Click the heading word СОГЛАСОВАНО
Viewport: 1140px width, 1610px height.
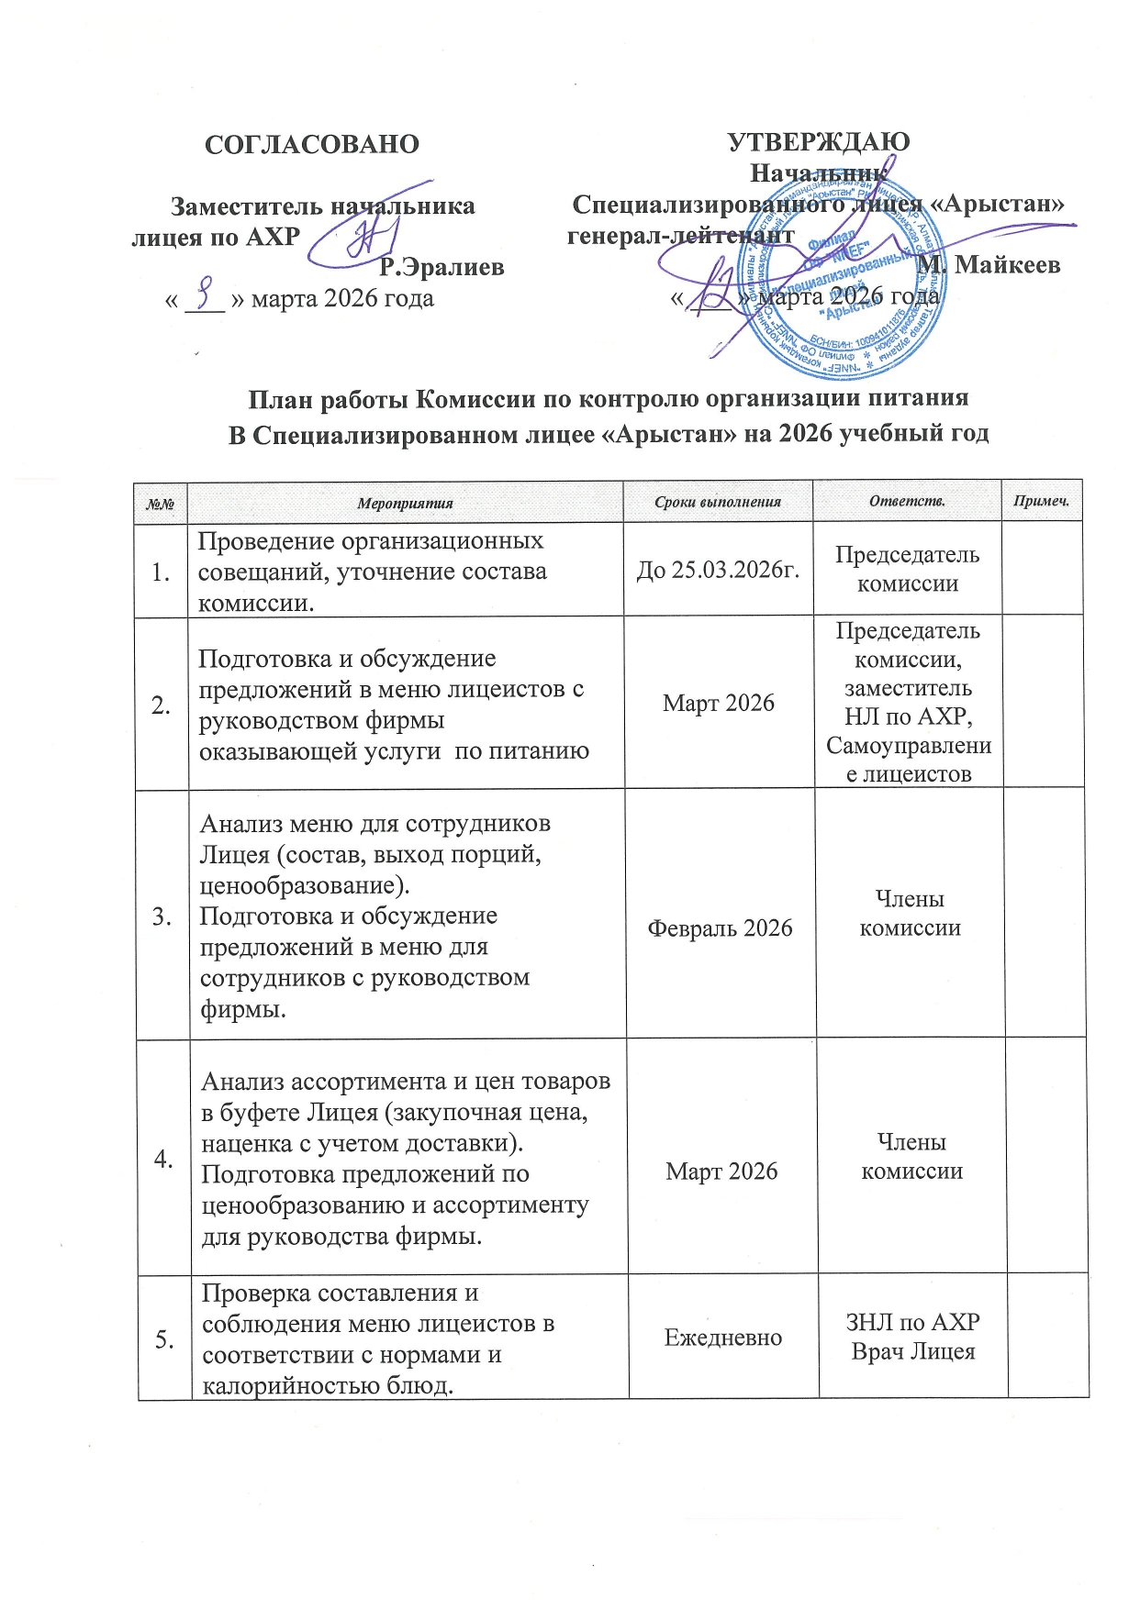(x=311, y=145)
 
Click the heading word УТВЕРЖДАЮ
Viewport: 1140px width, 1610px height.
(x=818, y=142)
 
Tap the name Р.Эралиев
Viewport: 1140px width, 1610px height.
(x=441, y=267)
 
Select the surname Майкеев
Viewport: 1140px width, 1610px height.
(x=1007, y=265)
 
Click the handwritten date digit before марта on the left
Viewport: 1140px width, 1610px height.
(x=207, y=296)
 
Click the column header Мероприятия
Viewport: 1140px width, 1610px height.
(x=405, y=503)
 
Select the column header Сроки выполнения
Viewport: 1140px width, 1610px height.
(x=718, y=502)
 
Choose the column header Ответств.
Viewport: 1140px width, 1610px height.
(x=907, y=501)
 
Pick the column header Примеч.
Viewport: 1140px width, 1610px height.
(x=1042, y=502)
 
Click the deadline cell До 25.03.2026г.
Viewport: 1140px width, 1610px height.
(x=718, y=570)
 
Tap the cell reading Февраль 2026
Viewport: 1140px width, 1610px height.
(x=720, y=927)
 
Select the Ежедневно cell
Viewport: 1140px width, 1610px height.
(x=723, y=1337)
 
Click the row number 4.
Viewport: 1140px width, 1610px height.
(x=163, y=1159)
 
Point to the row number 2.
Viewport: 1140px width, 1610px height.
(x=162, y=705)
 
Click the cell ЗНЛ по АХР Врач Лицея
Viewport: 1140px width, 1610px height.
(x=912, y=1337)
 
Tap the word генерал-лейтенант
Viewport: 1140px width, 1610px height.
(x=680, y=235)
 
